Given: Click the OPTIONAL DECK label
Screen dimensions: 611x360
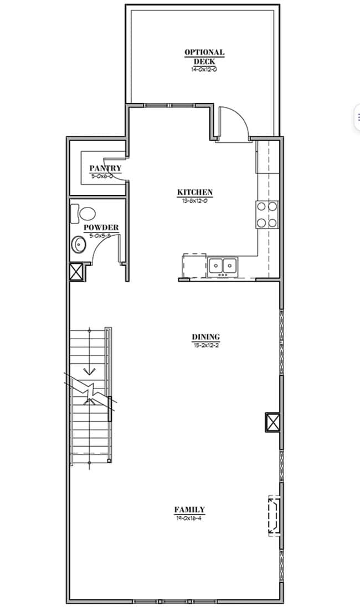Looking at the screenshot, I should pos(204,56).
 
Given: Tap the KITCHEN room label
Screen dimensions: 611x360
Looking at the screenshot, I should pos(195,192).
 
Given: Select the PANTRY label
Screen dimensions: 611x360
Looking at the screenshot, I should pos(105,168).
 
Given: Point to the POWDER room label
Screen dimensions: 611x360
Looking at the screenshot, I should pos(101,227).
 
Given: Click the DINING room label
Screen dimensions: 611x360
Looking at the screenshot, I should pos(206,336).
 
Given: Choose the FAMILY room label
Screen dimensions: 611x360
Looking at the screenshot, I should pos(189,510).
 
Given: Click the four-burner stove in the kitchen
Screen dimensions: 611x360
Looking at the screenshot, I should pos(267,215).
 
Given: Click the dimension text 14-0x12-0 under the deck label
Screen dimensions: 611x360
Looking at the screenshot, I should pos(204,70).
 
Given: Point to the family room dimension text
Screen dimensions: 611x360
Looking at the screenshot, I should pos(189,518).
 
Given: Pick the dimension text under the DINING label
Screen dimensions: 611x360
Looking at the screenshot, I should pos(206,345).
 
